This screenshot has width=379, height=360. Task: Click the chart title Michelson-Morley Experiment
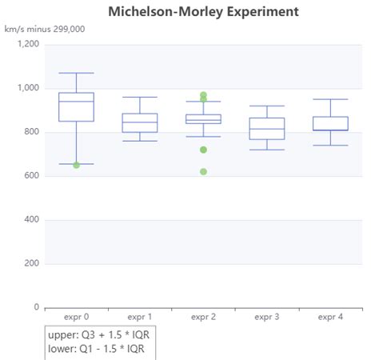coord(203,11)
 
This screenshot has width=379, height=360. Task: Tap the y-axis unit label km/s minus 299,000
coord(45,30)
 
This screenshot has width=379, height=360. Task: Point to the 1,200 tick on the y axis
coord(28,45)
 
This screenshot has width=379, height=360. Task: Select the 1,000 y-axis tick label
coord(28,89)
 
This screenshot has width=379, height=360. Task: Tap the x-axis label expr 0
coord(76,317)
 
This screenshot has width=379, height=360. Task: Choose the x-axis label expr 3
coord(267,317)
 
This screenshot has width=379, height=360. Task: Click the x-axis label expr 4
coord(330,317)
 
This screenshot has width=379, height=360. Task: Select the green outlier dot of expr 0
coord(76,165)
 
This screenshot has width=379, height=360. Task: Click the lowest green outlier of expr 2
coord(204,172)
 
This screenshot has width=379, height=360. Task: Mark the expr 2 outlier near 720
coord(204,150)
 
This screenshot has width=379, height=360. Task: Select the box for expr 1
coord(140,123)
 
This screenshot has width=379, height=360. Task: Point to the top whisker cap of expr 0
coord(76,73)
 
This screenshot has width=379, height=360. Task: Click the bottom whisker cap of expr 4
coord(330,146)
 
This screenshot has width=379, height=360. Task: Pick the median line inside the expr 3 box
coord(267,129)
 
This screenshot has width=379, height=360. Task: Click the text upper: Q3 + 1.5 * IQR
coord(99,334)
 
